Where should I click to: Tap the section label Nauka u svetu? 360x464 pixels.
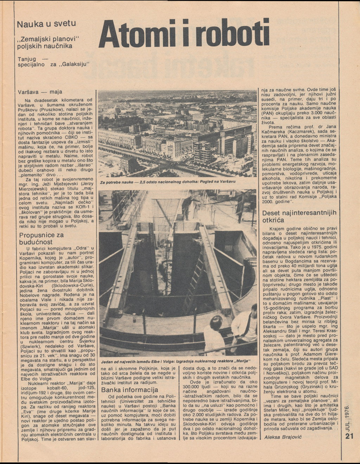pos(47,25)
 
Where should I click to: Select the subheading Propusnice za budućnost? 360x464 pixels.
pos(41,238)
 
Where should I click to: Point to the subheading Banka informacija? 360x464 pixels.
pos(130,390)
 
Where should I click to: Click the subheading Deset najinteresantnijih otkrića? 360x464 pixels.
pos(299,216)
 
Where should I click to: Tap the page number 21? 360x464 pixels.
pos(349,437)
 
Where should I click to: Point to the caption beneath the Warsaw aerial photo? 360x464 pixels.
pos(167,182)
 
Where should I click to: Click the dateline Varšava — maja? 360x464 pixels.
pos(40,92)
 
